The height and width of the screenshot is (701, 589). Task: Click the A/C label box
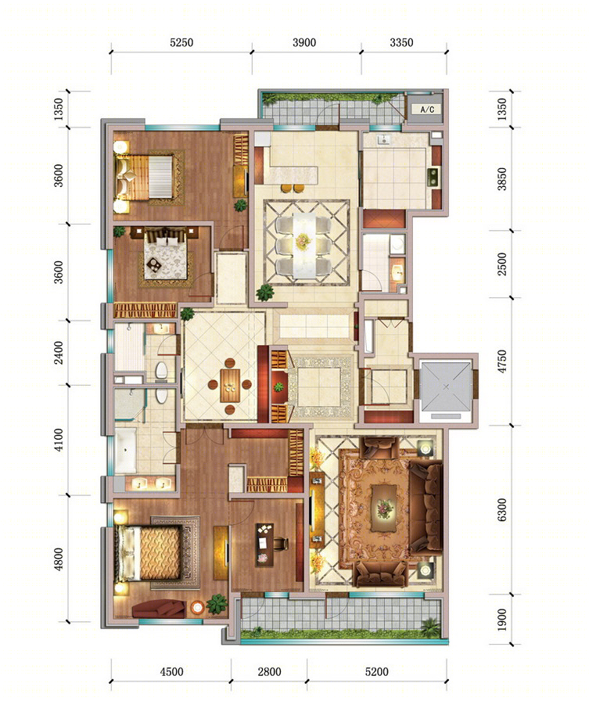pyautogui.click(x=427, y=109)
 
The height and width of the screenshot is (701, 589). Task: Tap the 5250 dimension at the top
pyautogui.click(x=181, y=42)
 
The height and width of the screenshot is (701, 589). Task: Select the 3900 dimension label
pyautogui.click(x=304, y=42)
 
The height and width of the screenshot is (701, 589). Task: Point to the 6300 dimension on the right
pyautogui.click(x=502, y=509)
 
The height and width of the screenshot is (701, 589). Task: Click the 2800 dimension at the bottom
pyautogui.click(x=270, y=671)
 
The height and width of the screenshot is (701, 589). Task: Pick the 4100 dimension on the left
pyautogui.click(x=59, y=440)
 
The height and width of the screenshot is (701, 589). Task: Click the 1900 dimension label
pyautogui.click(x=502, y=620)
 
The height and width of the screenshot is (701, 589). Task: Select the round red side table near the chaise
pyautogui.click(x=197, y=607)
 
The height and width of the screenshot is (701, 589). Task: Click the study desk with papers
pyautogui.click(x=264, y=544)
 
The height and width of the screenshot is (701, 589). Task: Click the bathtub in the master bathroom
pyautogui.click(x=125, y=450)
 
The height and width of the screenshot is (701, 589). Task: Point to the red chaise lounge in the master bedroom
pyautogui.click(x=159, y=609)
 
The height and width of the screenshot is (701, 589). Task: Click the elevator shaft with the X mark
pyautogui.click(x=446, y=387)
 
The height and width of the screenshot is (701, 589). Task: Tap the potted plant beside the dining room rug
pyautogui.click(x=265, y=293)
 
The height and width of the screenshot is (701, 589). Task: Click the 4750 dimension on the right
pyautogui.click(x=502, y=361)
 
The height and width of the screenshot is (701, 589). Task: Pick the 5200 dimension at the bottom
pyautogui.click(x=376, y=671)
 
